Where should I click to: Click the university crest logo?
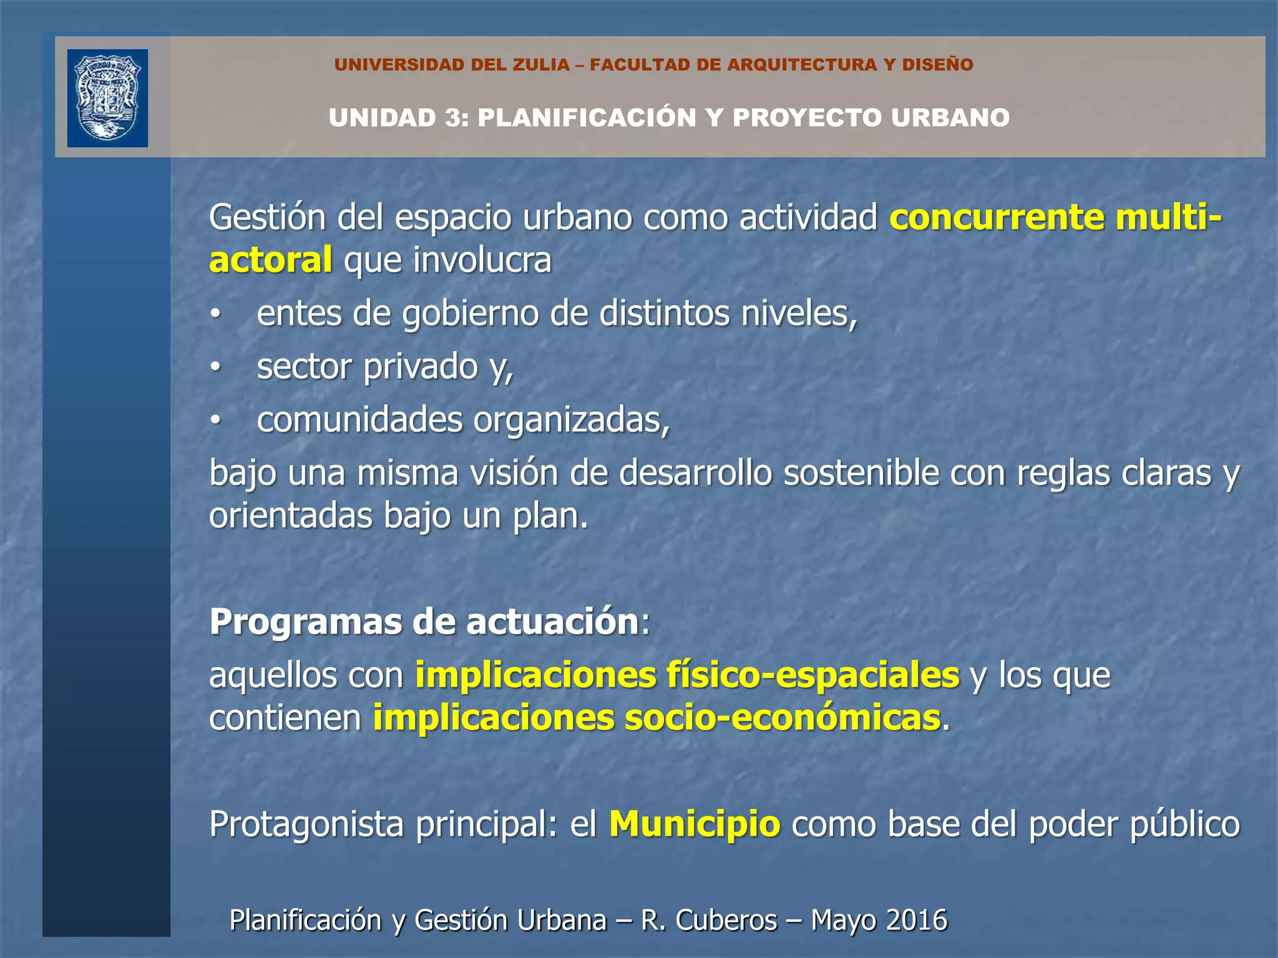coord(107,98)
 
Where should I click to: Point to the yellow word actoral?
coord(270,260)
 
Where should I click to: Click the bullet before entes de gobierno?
coord(215,314)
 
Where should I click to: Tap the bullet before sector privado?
coord(215,367)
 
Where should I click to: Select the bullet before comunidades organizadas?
coord(215,421)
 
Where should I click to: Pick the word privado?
coord(421,367)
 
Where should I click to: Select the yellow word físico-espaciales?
coord(812,675)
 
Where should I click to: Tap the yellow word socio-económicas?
coord(783,718)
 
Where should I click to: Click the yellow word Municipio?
coord(695,824)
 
